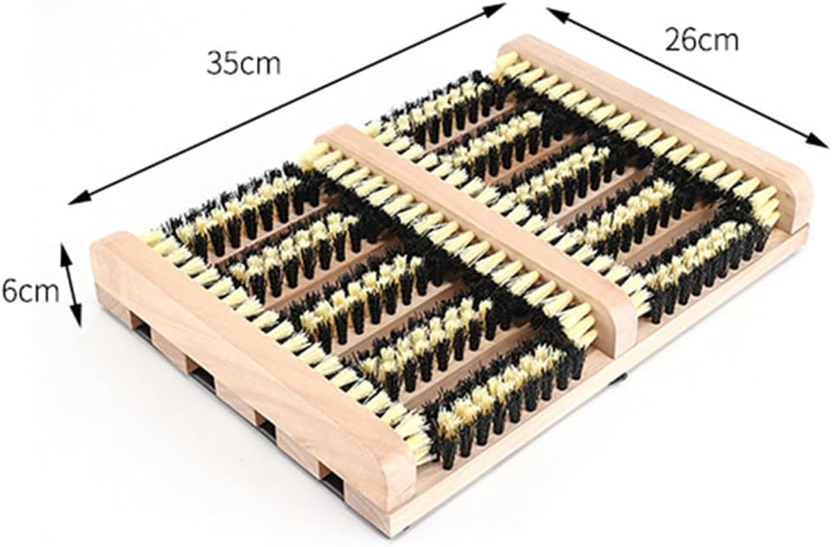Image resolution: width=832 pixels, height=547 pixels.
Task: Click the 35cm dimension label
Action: pyautogui.click(x=244, y=64)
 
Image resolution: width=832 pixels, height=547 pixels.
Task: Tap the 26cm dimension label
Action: pyautogui.click(x=701, y=40)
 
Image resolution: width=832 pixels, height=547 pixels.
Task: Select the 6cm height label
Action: pyautogui.click(x=31, y=292)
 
